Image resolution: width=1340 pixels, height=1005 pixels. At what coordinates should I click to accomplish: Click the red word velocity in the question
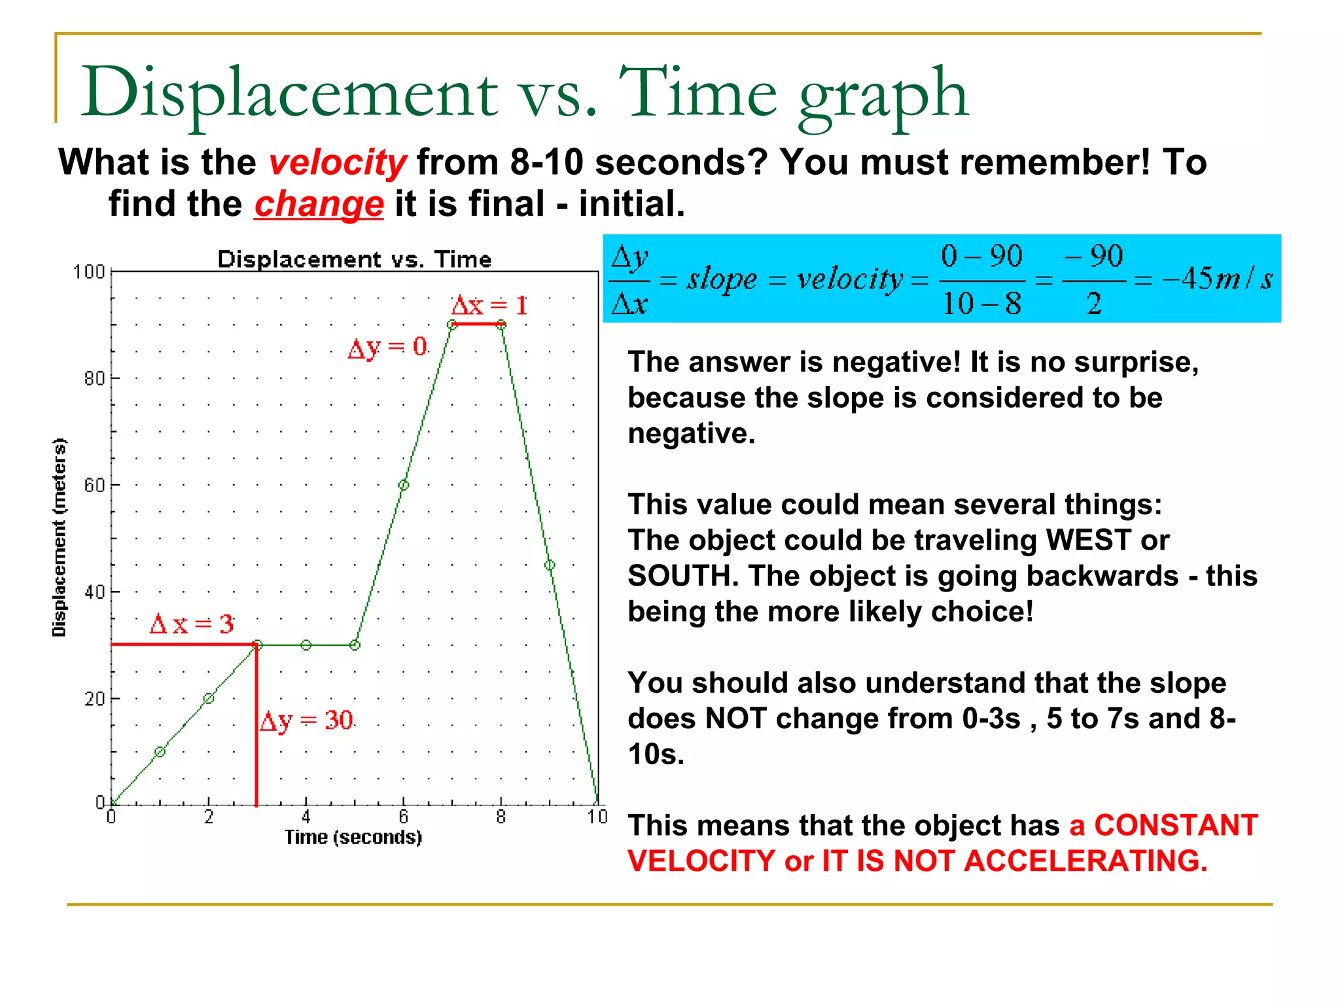pos(338,162)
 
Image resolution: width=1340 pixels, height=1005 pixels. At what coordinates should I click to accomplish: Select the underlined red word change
pos(319,204)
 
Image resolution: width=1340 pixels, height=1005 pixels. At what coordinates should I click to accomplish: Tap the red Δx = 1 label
pos(489,306)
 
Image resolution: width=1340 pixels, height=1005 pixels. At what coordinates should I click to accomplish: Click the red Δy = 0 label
pos(387,347)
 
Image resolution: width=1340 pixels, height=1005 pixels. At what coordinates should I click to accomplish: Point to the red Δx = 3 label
pos(191,624)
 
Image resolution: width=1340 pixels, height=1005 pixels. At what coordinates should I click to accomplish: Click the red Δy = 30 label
pos(306,721)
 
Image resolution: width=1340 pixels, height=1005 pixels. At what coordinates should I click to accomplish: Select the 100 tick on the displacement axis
pos(88,272)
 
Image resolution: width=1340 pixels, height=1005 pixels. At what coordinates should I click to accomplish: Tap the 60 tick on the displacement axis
pos(94,485)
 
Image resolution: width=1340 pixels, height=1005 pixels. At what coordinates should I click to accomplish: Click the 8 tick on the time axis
pos(501,817)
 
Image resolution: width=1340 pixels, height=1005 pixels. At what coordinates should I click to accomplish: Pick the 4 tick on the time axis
pos(306,817)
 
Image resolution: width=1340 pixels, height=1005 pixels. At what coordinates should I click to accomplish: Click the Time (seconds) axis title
pos(353,837)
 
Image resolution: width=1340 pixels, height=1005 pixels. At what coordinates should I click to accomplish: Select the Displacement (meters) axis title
pos(60,537)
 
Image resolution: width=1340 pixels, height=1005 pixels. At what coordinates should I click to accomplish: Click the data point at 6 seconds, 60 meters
pos(404,485)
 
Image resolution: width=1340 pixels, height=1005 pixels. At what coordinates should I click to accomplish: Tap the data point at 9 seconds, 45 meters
pos(550,565)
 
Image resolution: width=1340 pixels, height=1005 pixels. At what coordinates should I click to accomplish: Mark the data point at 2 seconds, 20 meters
pos(209,699)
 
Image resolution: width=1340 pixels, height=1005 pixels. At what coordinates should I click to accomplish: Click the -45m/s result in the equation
pos(1217,279)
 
